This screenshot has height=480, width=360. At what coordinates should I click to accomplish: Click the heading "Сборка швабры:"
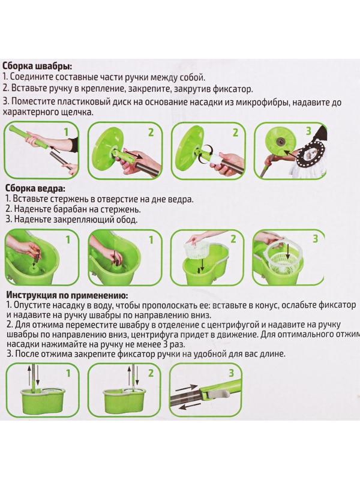38,66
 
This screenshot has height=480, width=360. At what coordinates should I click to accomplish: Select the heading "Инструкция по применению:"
67,295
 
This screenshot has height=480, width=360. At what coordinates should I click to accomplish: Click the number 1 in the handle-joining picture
67,132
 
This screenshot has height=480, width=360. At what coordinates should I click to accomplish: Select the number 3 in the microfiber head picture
309,131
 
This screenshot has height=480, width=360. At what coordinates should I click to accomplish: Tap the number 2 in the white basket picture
233,239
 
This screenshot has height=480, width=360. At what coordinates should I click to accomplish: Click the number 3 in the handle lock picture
231,373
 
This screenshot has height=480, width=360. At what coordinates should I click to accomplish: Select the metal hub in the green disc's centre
279,140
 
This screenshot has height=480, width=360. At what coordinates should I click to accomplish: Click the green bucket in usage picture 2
121,400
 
